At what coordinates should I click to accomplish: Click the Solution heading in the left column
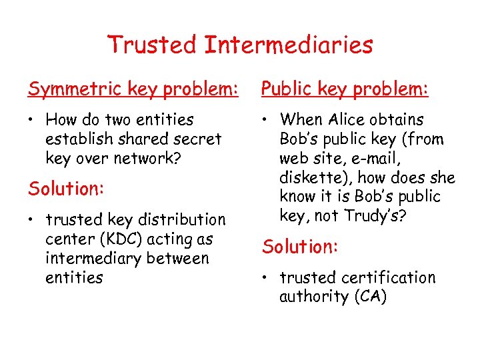click(66, 189)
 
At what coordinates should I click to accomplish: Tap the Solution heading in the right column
click(301, 247)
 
